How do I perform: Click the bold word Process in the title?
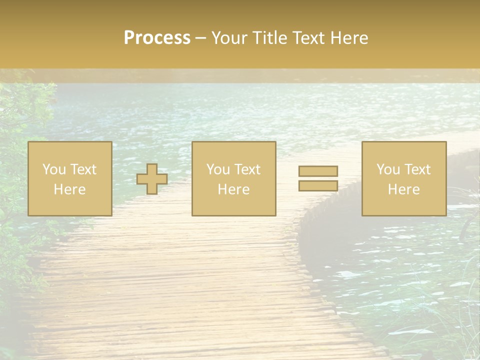coord(157,38)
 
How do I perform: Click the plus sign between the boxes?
coord(152,179)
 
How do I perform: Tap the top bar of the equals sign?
coord(318,171)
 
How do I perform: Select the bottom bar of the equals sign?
coord(318,186)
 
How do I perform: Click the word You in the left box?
coord(53,169)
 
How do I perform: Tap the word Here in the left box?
coord(70,189)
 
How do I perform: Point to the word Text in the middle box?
coord(247,169)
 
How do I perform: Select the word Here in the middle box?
coord(234,189)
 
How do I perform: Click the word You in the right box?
coord(387,169)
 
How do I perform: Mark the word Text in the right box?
coord(417,169)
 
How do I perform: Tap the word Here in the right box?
coord(404,189)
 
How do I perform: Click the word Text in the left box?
coord(83,169)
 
